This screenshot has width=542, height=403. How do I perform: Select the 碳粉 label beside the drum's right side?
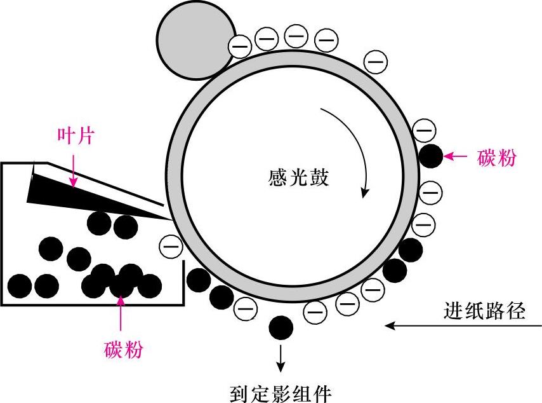[496, 158]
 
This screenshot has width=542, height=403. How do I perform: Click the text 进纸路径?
[484, 311]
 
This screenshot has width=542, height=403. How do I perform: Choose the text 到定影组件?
[280, 393]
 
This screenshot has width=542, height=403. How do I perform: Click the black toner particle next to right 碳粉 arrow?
[430, 156]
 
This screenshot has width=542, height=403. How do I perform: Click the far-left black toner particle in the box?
[19, 285]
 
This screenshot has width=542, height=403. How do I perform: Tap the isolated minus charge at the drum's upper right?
[376, 62]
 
